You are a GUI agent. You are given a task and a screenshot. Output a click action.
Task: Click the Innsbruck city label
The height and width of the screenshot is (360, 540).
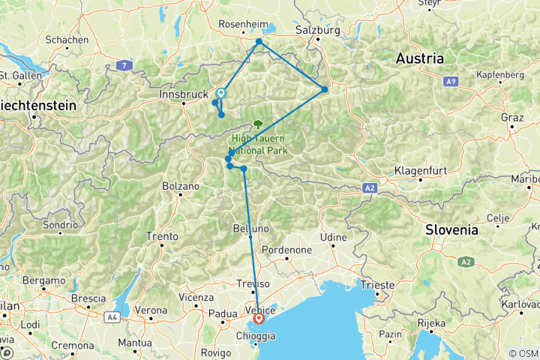184,95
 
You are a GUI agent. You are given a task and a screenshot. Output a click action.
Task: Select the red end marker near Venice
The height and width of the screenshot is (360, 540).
259,318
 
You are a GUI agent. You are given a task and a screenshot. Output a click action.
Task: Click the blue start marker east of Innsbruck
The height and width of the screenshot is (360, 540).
220,94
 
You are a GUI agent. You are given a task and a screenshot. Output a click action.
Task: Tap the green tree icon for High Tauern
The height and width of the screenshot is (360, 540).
259,124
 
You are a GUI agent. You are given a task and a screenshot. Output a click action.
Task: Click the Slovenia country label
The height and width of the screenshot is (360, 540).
451,230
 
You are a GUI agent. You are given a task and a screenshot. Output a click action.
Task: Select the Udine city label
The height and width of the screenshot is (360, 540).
335,237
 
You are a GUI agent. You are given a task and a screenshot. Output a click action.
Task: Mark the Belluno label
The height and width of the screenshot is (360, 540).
251,227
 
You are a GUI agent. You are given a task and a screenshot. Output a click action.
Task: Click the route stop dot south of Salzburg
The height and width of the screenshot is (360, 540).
325,89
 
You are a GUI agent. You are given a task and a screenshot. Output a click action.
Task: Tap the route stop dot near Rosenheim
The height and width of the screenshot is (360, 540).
259,42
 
